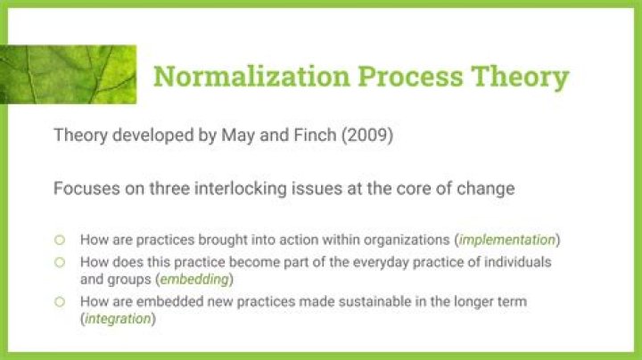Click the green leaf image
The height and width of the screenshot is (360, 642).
coord(71,75)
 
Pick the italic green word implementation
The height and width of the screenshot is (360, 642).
coord(509,240)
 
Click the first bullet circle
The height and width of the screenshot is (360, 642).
coord(60,240)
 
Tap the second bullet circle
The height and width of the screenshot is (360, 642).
coord(60,263)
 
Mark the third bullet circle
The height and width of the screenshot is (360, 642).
coord(60,302)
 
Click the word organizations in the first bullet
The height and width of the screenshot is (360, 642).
coord(407,240)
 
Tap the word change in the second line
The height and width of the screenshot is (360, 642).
coord(490,189)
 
